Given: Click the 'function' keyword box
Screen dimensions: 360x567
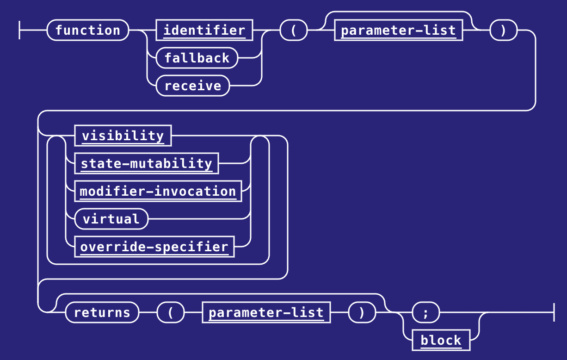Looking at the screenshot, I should [87, 30].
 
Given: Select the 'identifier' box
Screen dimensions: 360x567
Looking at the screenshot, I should [204, 30].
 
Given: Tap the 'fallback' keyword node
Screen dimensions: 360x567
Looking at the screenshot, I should [197, 58].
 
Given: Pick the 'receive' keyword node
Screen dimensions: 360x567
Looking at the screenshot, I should [192, 86].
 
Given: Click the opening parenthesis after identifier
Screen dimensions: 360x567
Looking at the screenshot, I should [293, 30].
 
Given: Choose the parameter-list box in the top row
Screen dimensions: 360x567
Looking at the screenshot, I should [398, 30].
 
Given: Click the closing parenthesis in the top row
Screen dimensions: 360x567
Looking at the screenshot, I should [503, 30].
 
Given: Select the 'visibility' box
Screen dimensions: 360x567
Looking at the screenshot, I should [123, 136].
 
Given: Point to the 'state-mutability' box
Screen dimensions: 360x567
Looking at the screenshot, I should [146, 163].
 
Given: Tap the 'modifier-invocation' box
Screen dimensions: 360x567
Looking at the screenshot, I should [158, 191].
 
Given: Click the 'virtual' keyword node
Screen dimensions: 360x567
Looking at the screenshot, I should [111, 219].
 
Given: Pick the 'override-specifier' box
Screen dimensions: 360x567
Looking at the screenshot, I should [154, 247].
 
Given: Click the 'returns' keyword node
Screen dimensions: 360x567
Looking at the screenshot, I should [102, 312].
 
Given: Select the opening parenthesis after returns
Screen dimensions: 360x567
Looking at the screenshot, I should [170, 312].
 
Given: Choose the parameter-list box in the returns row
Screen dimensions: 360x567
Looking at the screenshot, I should [266, 312].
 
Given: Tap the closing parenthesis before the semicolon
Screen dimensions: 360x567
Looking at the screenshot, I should [362, 312].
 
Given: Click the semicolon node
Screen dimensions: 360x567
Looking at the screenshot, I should [425, 312].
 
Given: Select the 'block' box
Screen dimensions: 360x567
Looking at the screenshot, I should [441, 340].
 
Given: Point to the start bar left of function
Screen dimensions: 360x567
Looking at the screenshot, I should [19, 30].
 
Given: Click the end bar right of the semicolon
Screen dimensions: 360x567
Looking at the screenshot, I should [554, 312].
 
